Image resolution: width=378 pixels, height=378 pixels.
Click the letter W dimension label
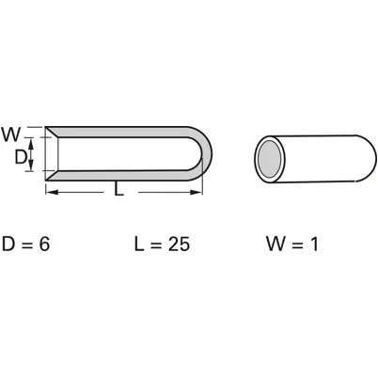[x=11, y=134]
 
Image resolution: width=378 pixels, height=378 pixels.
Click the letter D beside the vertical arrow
[x=20, y=157]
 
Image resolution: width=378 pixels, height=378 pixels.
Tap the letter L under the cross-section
[x=118, y=189]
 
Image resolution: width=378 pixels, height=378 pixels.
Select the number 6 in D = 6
[x=44, y=244]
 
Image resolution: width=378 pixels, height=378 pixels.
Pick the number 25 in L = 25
[x=179, y=244]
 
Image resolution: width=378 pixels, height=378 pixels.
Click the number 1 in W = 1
[x=315, y=244]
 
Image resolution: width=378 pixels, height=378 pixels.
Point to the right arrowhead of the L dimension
[x=197, y=192]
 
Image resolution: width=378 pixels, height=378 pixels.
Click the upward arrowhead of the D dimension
[x=31, y=145]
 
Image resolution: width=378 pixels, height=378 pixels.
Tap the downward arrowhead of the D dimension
[x=31, y=165]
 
